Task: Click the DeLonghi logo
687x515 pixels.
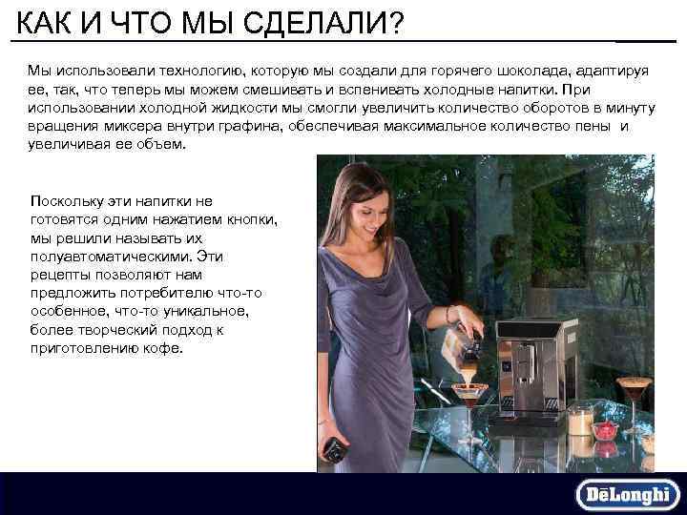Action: pyautogui.click(x=627, y=494)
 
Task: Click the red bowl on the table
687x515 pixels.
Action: pyautogui.click(x=605, y=430)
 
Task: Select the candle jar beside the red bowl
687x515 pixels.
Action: pyautogui.click(x=580, y=421)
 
